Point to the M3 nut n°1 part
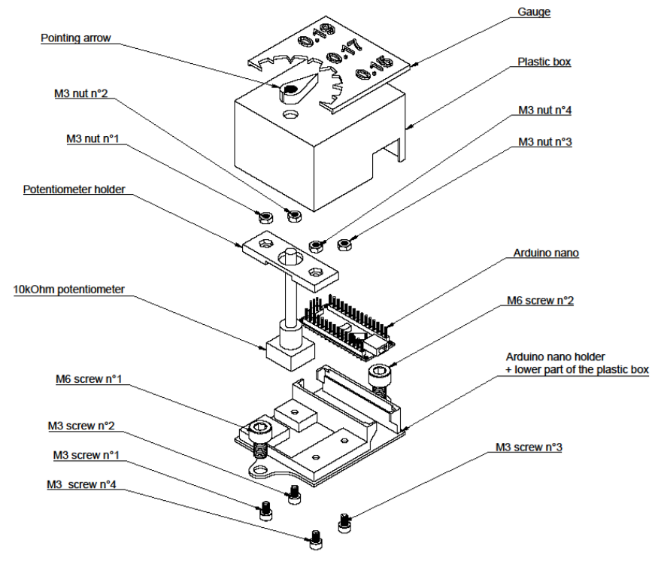tap(265, 219)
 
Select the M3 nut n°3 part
tap(346, 244)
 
